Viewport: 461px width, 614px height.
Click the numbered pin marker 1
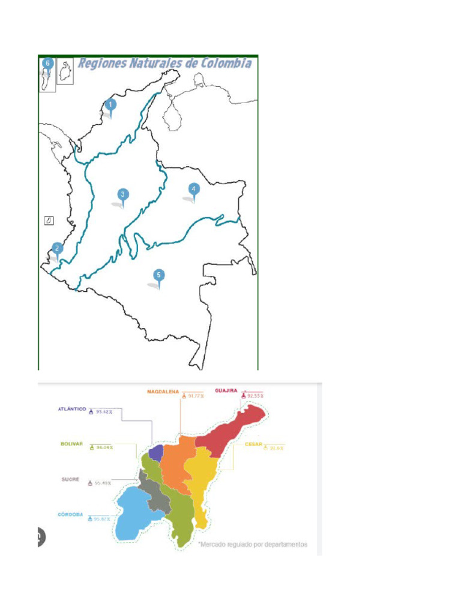click(x=110, y=105)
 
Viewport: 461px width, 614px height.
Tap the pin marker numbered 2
click(x=57, y=248)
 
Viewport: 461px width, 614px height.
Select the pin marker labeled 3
click(x=122, y=194)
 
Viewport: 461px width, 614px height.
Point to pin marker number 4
click(x=193, y=188)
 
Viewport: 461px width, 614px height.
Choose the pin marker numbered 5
click(x=158, y=275)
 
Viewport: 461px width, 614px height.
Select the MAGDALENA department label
click(x=163, y=392)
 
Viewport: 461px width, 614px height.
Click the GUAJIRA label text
click(x=227, y=390)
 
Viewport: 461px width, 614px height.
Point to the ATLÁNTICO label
click(x=71, y=408)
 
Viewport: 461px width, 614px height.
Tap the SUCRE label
click(x=70, y=479)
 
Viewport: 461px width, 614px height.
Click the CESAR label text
click(x=255, y=444)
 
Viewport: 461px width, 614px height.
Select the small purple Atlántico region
click(x=156, y=453)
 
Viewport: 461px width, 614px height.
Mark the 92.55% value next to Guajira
click(x=255, y=396)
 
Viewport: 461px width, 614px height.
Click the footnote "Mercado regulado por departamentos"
click(x=253, y=544)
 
